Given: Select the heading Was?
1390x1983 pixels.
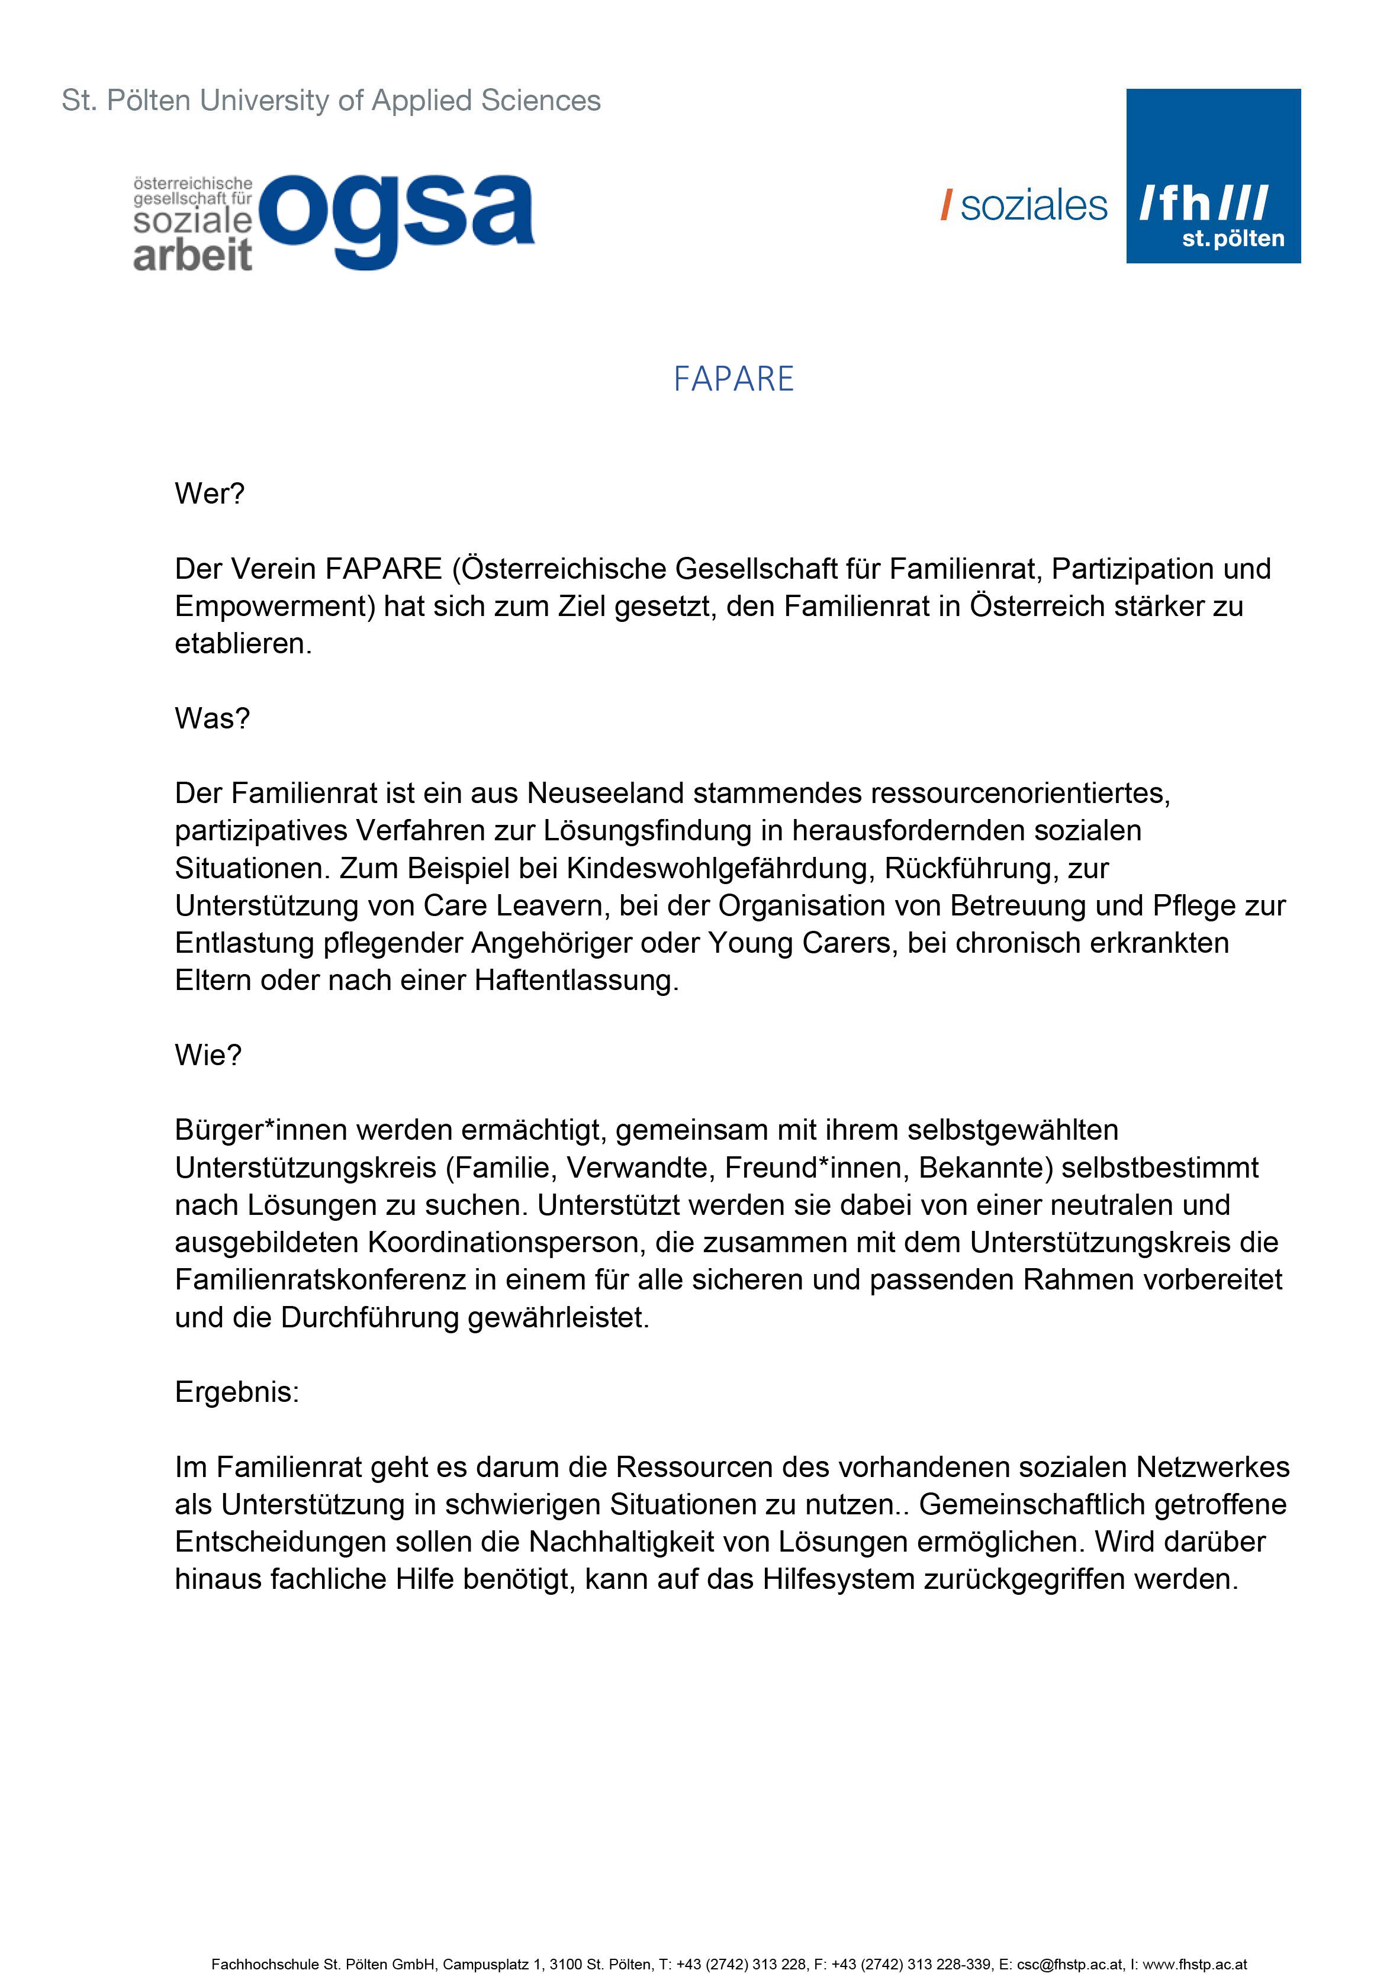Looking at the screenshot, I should coord(212,718).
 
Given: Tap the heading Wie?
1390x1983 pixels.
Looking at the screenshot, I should coord(208,1056).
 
